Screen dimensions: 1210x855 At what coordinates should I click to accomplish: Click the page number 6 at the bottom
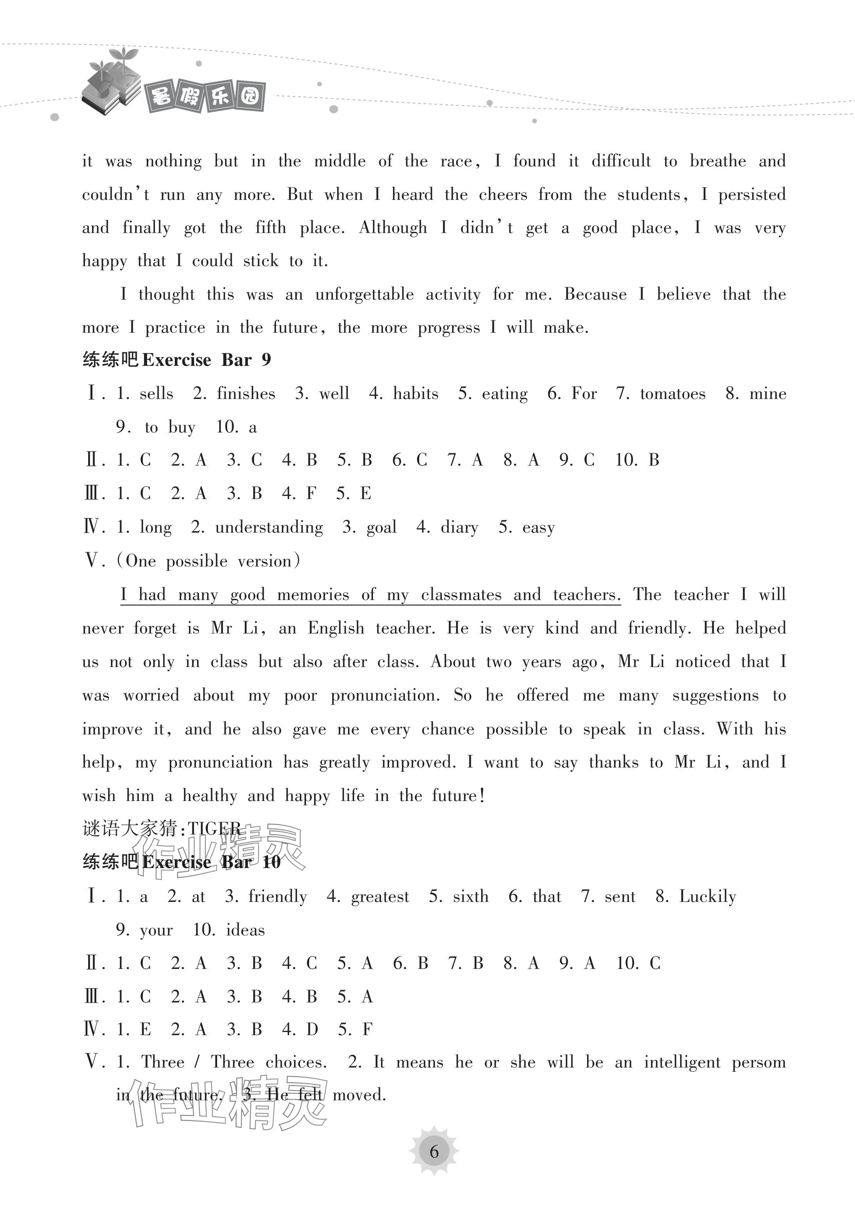pyautogui.click(x=433, y=1151)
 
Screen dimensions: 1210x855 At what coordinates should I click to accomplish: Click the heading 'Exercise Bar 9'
pyautogui.click(x=206, y=360)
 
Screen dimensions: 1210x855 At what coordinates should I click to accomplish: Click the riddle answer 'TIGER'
pyautogui.click(x=214, y=829)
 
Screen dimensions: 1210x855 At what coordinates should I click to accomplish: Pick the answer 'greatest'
pyautogui.click(x=380, y=897)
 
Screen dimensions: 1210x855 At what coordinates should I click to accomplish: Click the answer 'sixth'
pyautogui.click(x=470, y=897)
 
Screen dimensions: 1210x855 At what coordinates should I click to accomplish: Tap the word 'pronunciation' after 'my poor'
pyautogui.click(x=385, y=695)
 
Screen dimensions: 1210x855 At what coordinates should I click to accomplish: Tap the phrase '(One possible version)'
pyautogui.click(x=208, y=561)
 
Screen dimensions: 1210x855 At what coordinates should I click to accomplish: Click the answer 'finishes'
pyautogui.click(x=246, y=394)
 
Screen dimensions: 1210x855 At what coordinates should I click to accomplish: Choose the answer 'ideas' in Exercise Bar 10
pyautogui.click(x=245, y=930)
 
